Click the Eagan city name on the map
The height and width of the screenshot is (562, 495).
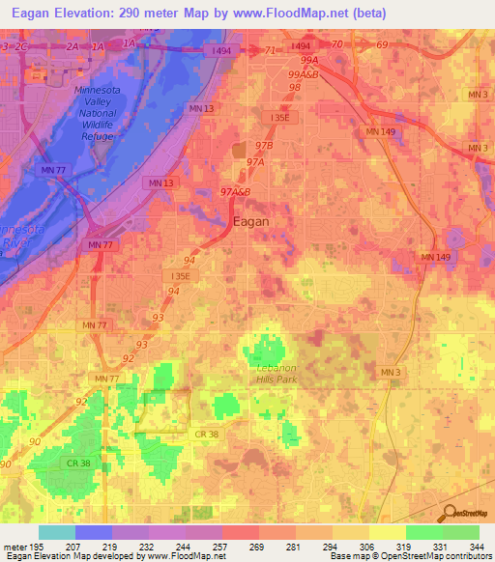tap(251, 220)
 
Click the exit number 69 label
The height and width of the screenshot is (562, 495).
tap(382, 45)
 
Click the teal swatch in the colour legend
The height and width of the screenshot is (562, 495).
tap(56, 532)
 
